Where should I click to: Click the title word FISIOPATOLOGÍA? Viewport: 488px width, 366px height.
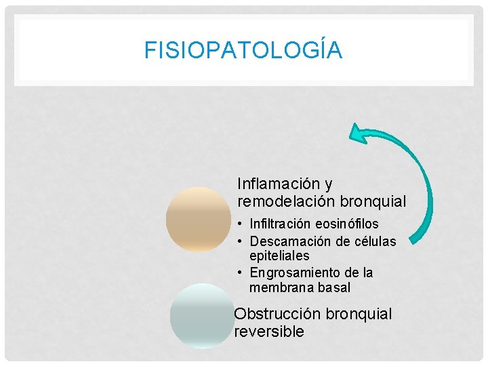243,51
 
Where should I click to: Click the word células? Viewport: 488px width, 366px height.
373,241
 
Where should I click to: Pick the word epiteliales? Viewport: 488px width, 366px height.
279,256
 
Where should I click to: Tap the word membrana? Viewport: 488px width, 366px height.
280,288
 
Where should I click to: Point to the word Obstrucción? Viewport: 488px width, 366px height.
277,314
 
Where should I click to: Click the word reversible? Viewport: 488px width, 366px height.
269,332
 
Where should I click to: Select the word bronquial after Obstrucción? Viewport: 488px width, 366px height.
359,314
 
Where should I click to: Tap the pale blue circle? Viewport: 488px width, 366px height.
201,316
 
